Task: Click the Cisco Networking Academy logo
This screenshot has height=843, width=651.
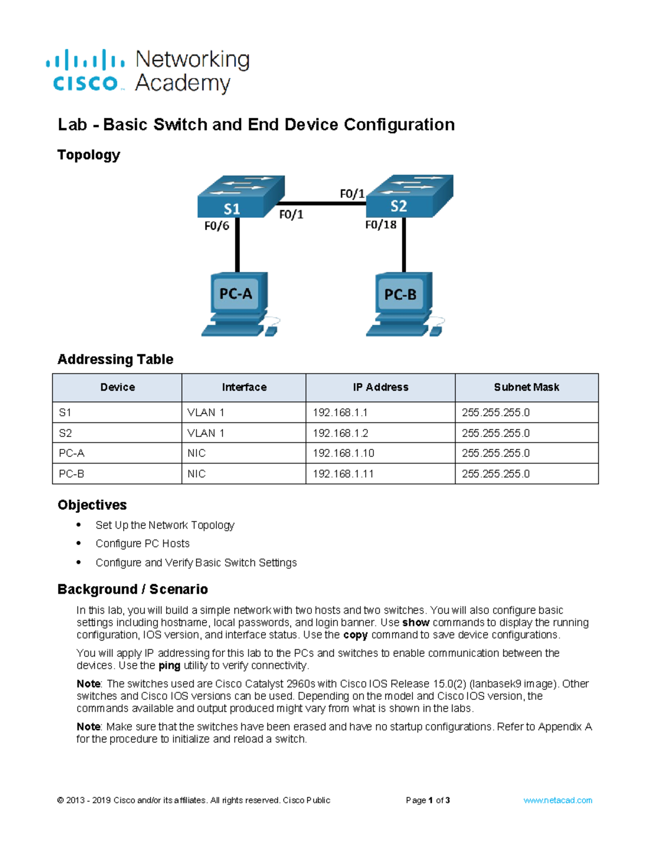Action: coord(148,72)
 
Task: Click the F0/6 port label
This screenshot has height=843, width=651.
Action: coord(216,226)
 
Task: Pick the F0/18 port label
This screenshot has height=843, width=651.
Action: coord(380,225)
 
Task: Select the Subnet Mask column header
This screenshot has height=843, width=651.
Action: coord(526,388)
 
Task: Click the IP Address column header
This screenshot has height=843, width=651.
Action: coord(380,388)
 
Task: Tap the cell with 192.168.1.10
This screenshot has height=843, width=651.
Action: coord(343,453)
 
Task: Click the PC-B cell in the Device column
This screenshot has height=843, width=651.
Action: coord(72,474)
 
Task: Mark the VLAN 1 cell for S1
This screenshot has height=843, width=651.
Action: coord(206,413)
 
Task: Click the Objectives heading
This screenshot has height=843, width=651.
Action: coord(92,505)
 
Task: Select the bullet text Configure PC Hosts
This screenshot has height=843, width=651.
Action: coord(143,543)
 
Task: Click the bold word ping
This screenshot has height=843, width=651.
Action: coord(169,665)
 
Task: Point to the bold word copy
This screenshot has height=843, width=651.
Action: coord(355,635)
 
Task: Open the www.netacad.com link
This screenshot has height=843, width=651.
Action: coord(558,800)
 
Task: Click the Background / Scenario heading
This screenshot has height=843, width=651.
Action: coord(133,590)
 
